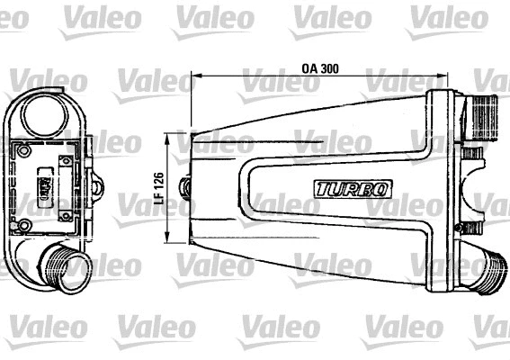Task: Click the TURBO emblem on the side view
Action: [x=353, y=189]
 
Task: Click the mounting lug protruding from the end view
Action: [x=96, y=186]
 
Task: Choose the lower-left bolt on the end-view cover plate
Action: [x=24, y=224]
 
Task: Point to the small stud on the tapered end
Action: [x=186, y=187]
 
